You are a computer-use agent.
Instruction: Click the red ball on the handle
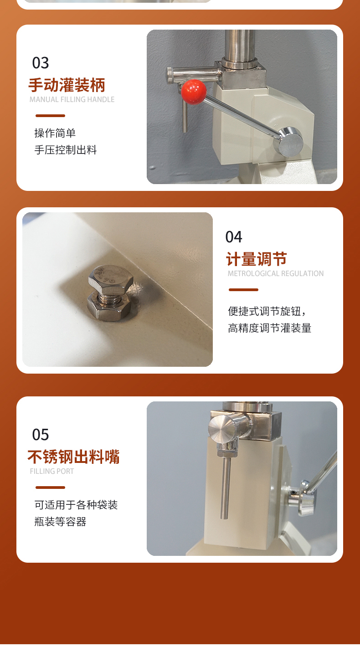pos(194,92)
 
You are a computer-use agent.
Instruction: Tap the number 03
pos(41,63)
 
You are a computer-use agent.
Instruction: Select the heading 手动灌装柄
pos(67,85)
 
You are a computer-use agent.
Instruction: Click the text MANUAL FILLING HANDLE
pos(72,99)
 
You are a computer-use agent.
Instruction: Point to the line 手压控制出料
pos(66,150)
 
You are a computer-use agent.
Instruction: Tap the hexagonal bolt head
pos(111,279)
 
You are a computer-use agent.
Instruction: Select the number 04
pos(234,237)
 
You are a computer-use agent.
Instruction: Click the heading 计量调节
pos(257,259)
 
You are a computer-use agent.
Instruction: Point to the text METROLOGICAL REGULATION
pos(276,274)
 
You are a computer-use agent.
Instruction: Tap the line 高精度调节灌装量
pos(269,328)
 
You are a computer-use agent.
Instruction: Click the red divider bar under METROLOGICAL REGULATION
pos(244,290)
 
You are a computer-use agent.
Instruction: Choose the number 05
pos(41,435)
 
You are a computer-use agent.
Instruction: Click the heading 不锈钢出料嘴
pos(74,457)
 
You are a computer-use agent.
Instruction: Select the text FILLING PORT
pos(52,471)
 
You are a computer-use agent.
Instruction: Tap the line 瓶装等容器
pos(60,522)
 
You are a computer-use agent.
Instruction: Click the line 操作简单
pos(55,133)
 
